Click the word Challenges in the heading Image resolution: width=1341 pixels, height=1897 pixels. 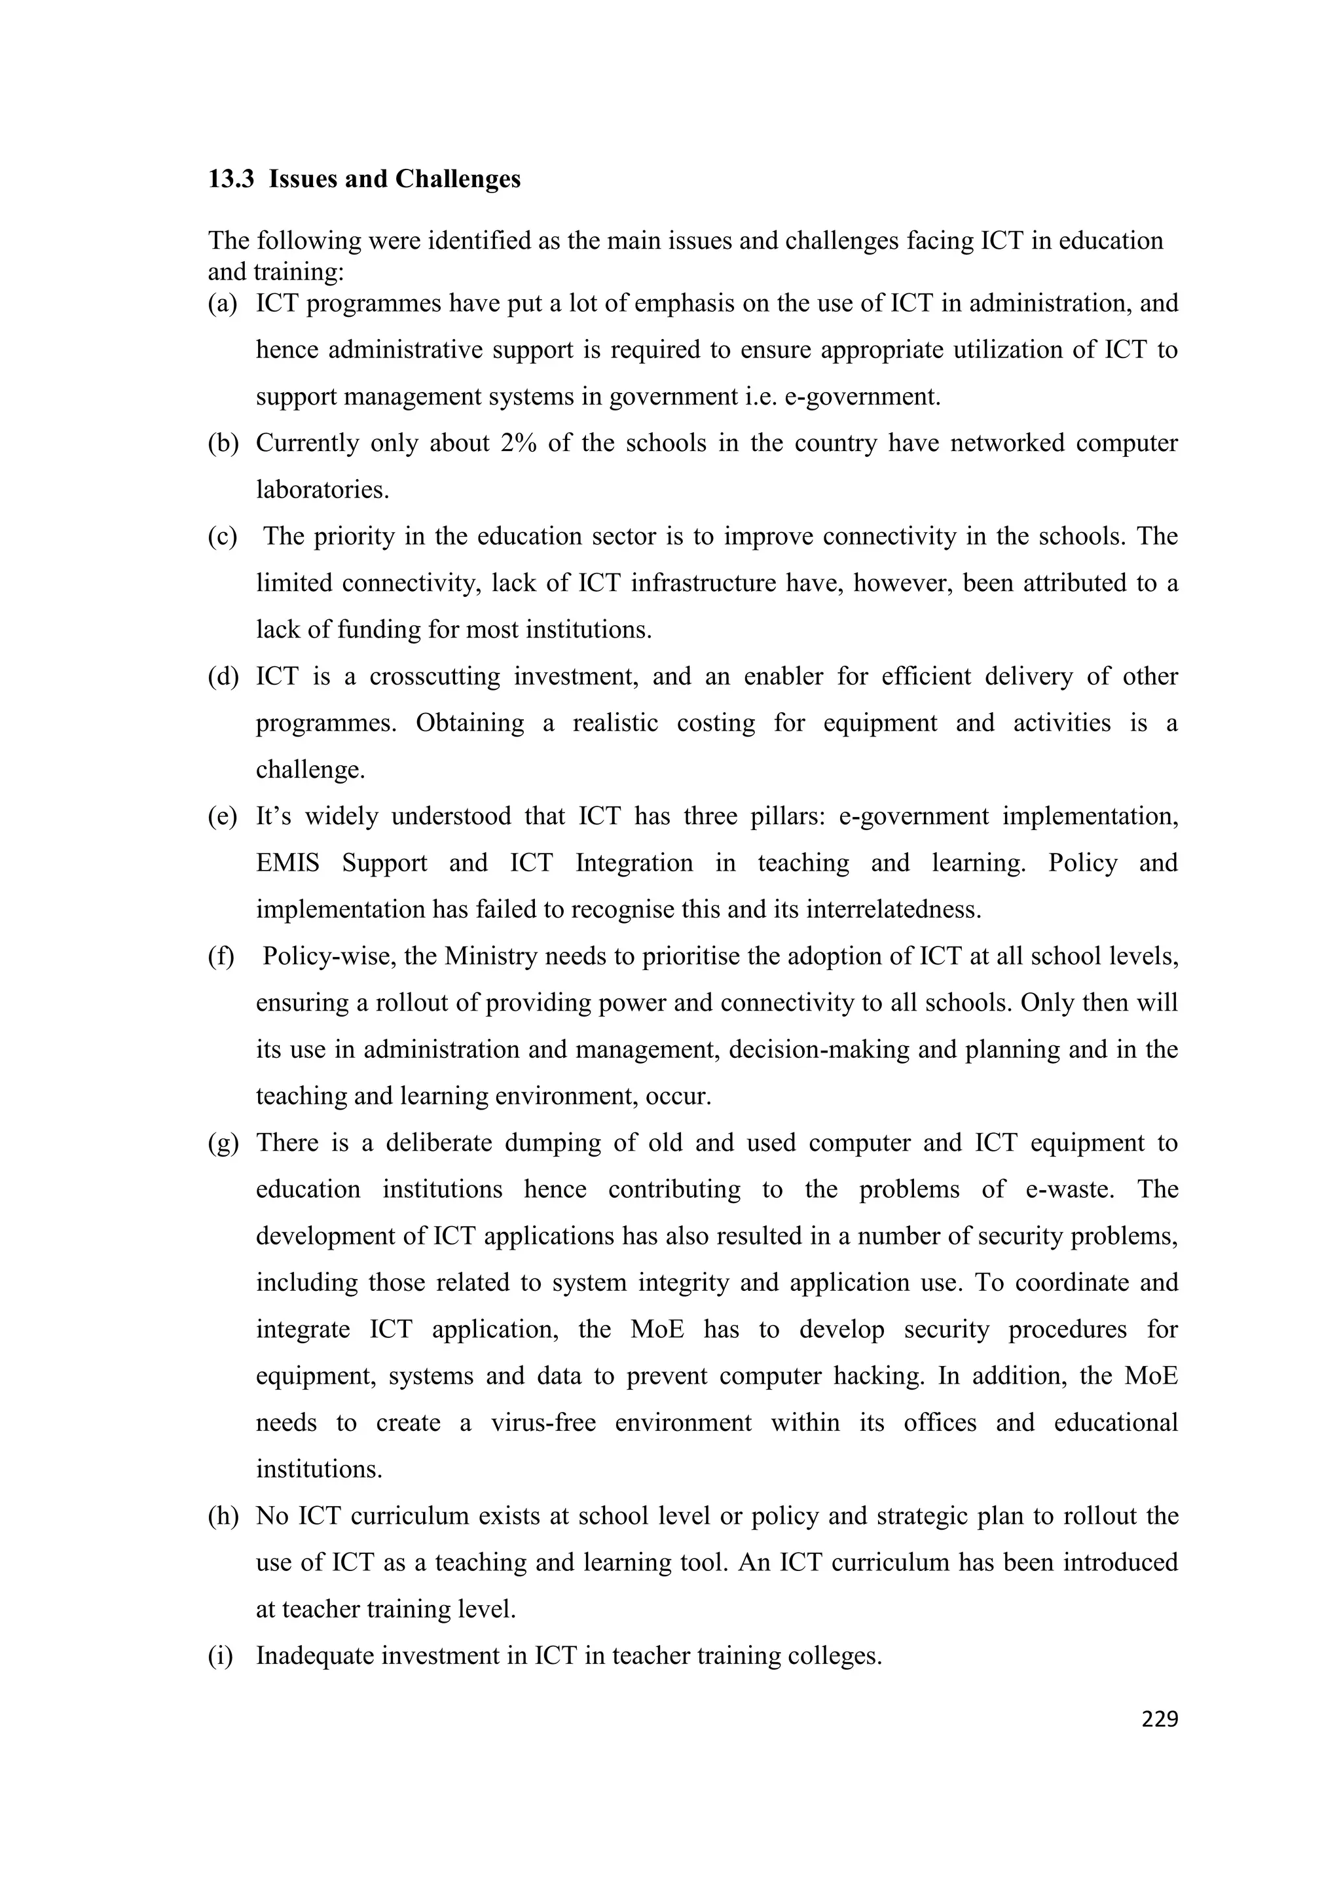(x=457, y=179)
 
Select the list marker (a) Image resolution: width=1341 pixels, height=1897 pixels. (x=222, y=304)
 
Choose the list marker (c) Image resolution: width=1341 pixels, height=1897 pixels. (x=222, y=537)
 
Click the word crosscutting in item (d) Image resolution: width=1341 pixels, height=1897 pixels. (x=435, y=677)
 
